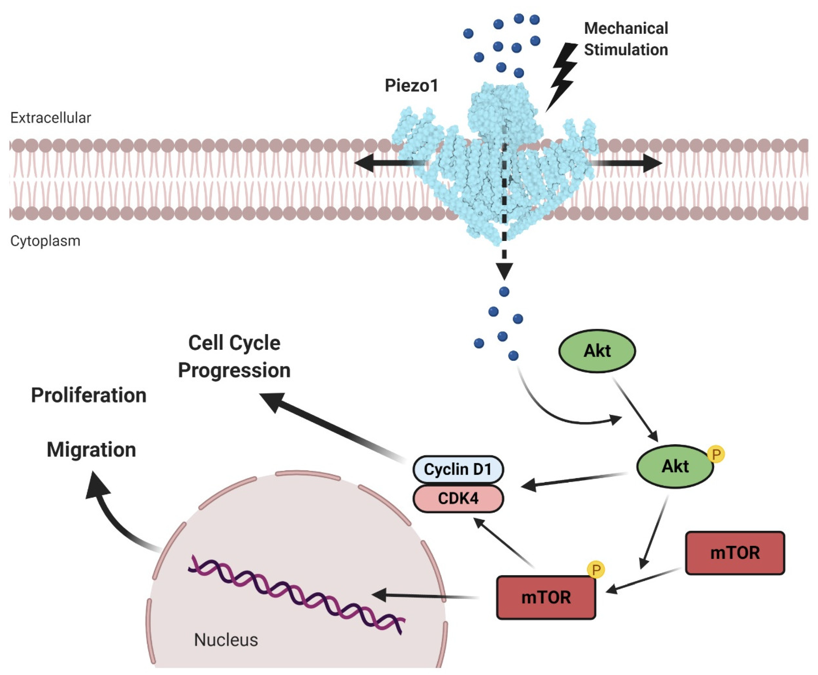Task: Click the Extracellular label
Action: click(x=51, y=118)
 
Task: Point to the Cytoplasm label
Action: click(x=45, y=241)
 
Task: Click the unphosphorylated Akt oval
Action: click(x=597, y=351)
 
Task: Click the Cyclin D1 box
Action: click(x=458, y=469)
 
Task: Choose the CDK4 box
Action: click(x=458, y=498)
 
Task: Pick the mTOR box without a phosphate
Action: click(x=735, y=553)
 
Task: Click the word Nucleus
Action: click(x=226, y=640)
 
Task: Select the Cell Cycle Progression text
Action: click(x=234, y=356)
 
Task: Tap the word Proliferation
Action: click(x=89, y=395)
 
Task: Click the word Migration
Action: click(x=91, y=450)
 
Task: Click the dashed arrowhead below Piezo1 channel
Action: click(x=504, y=271)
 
